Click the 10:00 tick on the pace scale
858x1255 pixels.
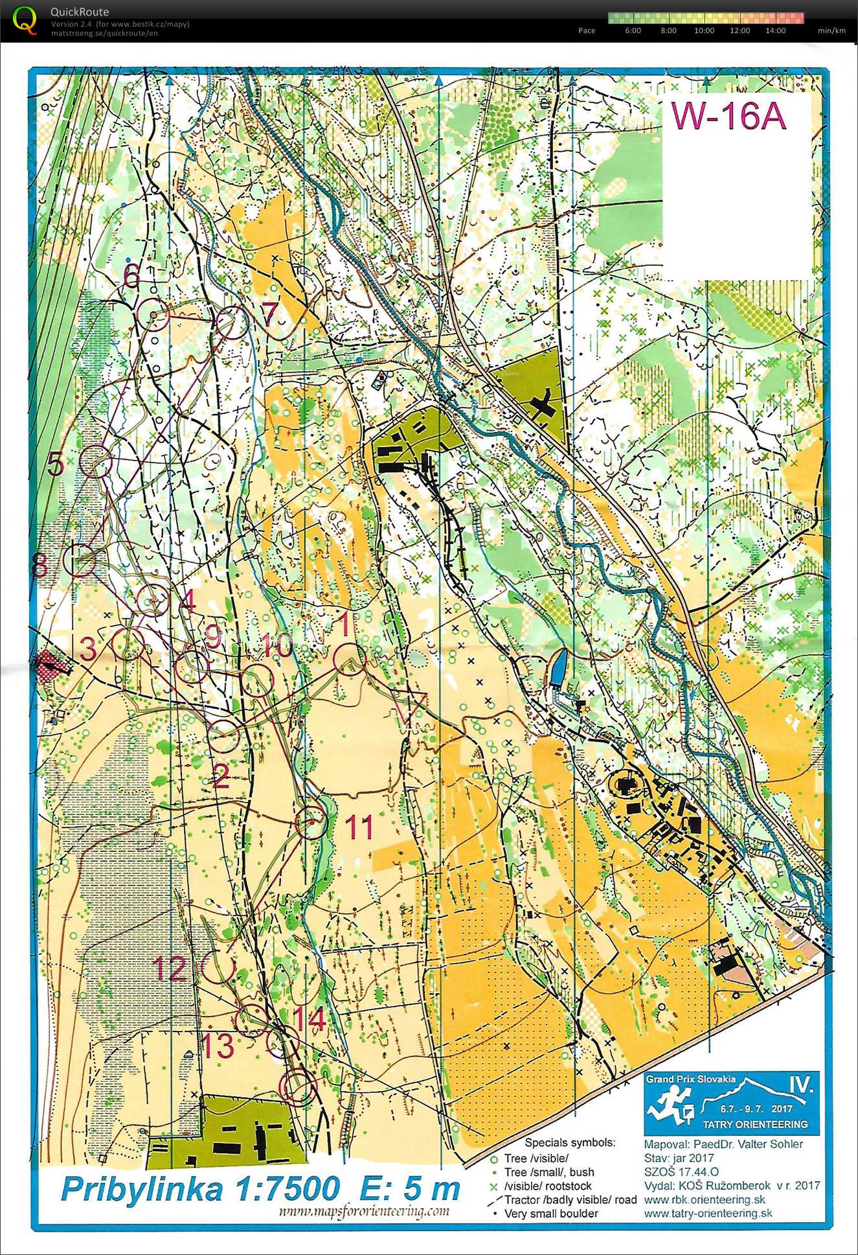point(704,30)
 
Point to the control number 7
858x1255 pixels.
point(269,314)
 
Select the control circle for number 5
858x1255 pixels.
point(96,461)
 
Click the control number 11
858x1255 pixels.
point(359,827)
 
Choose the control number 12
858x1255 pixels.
point(169,969)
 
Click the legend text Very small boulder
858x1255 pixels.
point(551,1213)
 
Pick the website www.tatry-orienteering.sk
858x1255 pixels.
point(708,1213)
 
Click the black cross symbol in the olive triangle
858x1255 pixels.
point(543,402)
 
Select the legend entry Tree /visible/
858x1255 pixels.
point(536,1158)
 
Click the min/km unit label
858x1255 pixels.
point(831,30)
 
